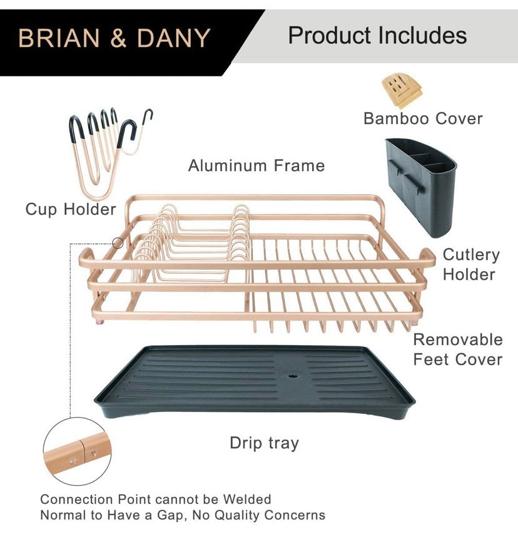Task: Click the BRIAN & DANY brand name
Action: [x=114, y=38]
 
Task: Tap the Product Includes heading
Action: [x=377, y=35]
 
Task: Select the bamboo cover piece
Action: [x=401, y=90]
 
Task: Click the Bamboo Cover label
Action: [x=423, y=118]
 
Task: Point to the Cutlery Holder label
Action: [x=470, y=264]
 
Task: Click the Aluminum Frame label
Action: [x=256, y=165]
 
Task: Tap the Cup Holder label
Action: [x=71, y=209]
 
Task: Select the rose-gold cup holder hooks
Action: [x=106, y=147]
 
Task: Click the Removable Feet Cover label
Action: [x=458, y=349]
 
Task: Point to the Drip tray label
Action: [x=264, y=443]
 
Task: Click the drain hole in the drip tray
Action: [x=292, y=379]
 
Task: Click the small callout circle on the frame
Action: [x=118, y=243]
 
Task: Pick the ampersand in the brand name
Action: [x=118, y=38]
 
